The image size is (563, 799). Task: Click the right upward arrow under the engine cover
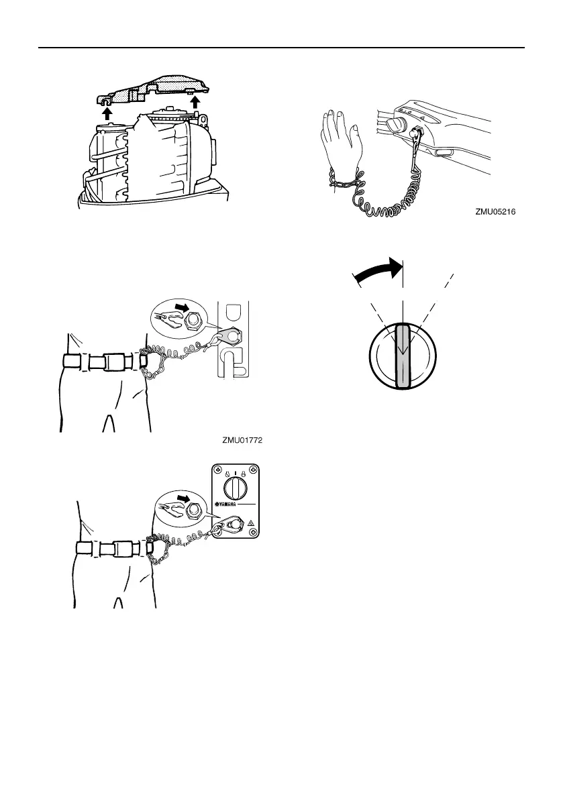tap(195, 101)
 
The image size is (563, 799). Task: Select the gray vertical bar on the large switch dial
tap(403, 356)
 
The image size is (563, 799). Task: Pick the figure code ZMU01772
tap(242, 441)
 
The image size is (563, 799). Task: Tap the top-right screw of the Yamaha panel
tap(252, 470)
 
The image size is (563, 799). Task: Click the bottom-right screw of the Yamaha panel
tap(252, 533)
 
